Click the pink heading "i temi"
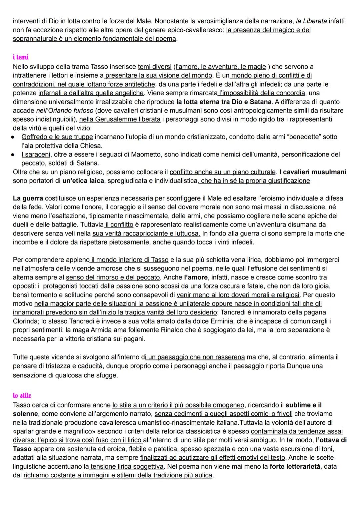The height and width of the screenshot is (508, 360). [21, 57]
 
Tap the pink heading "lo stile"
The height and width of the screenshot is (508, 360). [22, 396]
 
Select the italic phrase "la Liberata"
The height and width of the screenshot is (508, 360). [311, 21]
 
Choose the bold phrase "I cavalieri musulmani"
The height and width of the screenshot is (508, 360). [313, 172]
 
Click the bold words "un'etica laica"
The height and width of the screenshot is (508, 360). [84, 181]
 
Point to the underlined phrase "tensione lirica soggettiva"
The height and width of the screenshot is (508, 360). [127, 467]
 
